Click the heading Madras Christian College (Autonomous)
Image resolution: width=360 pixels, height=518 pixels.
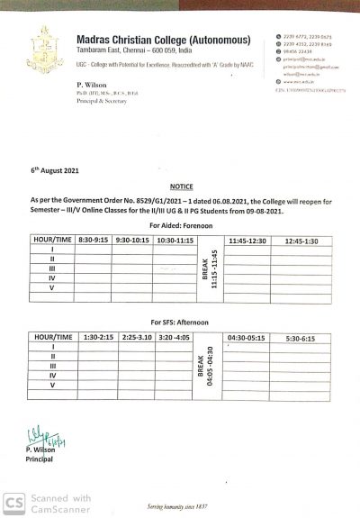pyautogui.click(x=148, y=40)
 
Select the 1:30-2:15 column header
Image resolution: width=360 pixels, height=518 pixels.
pyautogui.click(x=96, y=336)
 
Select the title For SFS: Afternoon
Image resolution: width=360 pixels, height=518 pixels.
pyautogui.click(x=179, y=322)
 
